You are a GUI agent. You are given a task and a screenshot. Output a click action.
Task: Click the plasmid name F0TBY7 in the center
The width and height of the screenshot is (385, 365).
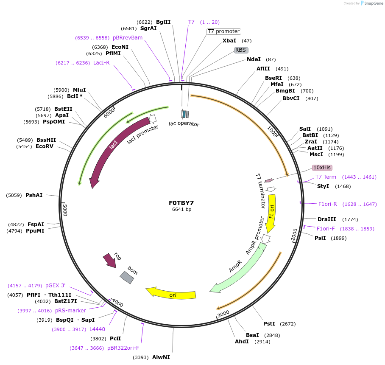181,202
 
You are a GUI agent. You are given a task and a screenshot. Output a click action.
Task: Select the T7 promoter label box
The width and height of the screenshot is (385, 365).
223,31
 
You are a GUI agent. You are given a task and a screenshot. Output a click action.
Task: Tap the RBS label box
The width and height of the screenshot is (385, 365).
240,50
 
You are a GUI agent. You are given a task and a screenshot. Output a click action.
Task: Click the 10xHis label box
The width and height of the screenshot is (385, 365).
322,168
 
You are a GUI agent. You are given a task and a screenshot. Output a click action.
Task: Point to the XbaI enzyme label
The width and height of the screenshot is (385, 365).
229,41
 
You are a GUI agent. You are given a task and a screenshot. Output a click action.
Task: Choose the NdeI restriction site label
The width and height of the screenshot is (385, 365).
254,59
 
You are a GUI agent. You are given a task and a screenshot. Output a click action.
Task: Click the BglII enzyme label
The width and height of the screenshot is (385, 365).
163,22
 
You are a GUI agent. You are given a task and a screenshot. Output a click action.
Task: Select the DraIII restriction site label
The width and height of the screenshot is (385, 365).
326,219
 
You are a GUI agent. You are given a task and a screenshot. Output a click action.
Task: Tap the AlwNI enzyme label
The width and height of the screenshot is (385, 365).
161,357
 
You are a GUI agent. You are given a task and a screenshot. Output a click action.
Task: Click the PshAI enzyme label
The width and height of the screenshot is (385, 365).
34,195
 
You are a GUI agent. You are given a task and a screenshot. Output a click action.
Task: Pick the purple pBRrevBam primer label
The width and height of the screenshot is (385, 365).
128,38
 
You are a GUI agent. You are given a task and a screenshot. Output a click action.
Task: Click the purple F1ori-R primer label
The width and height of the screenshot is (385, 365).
327,204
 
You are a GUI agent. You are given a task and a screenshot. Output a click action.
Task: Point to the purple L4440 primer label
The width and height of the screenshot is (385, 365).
97,329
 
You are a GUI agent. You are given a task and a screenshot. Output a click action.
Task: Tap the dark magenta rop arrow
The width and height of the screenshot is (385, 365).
110,261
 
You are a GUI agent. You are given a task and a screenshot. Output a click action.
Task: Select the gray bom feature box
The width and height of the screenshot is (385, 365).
127,277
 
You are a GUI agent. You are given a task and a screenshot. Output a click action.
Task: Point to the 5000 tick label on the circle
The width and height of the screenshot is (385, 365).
65,209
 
